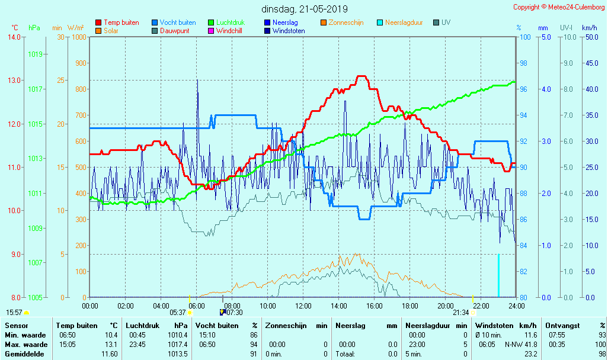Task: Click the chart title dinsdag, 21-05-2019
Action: coord(305,9)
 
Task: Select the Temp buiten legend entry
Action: coord(121,22)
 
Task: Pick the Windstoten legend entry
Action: coord(289,31)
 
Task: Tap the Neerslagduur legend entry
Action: coord(404,22)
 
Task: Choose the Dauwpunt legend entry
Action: coord(174,31)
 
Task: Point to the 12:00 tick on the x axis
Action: coord(303,306)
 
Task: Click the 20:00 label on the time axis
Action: coord(446,306)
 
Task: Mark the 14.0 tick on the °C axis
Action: coord(13,37)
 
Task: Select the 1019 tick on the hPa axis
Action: coord(34,54)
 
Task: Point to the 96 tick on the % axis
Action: coord(523,89)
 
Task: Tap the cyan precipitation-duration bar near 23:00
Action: coord(498,276)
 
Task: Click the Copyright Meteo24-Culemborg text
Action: coord(559,7)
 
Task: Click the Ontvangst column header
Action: coord(562,326)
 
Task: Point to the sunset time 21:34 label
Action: coord(460,313)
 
